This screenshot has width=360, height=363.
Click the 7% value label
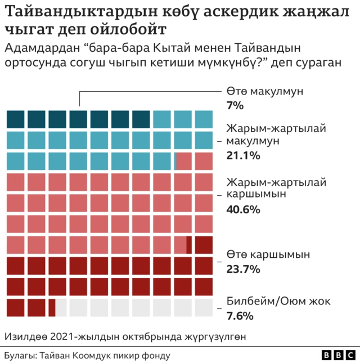click(235, 105)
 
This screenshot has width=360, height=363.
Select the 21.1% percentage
click(243, 155)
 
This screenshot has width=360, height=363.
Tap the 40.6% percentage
click(243, 209)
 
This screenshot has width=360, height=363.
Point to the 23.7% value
click(243, 269)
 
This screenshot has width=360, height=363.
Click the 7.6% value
click(240, 316)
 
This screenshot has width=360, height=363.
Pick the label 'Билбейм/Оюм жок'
click(278, 301)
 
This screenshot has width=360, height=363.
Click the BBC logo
click(338, 356)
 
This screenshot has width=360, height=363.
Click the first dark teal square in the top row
click(16, 119)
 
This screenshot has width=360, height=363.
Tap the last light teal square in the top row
click(204, 119)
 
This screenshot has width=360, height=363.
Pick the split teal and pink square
click(183, 160)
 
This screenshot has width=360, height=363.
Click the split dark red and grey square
click(57, 307)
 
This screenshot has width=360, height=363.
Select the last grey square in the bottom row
click(204, 307)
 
